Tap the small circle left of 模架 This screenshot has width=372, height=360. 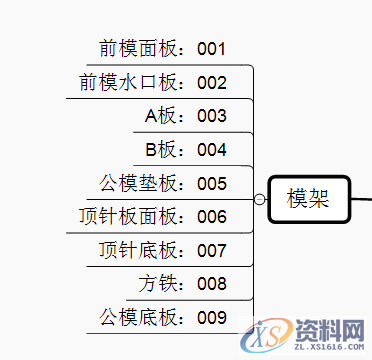260,200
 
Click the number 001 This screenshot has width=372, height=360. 212,49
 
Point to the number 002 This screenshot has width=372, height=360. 212,83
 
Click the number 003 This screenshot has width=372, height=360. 212,117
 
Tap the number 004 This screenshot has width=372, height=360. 212,151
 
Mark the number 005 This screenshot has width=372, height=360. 212,184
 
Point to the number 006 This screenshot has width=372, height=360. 212,217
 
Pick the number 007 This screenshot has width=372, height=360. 212,251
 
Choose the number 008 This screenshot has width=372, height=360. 212,285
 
